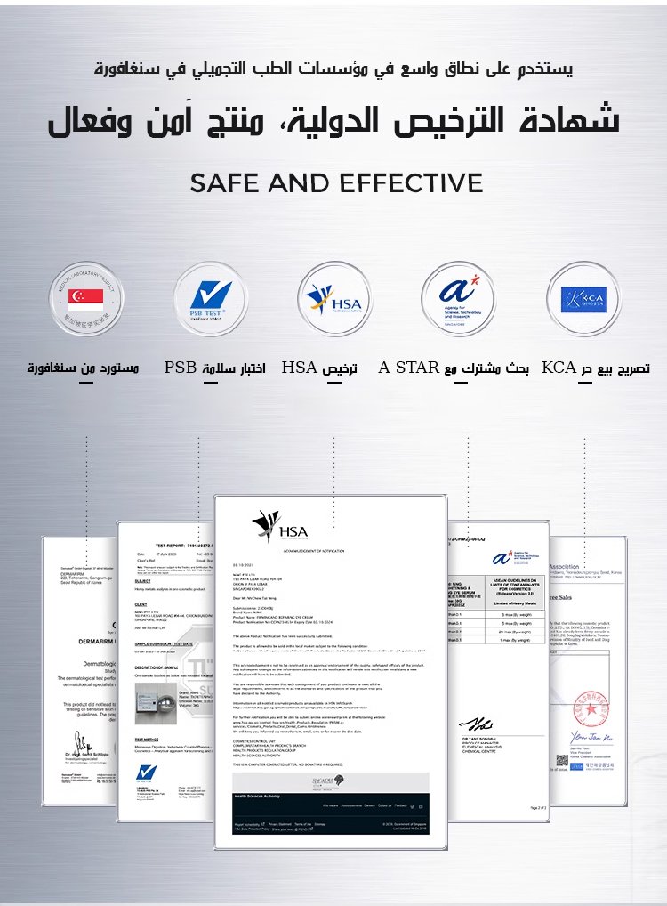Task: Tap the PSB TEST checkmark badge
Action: click(x=210, y=300)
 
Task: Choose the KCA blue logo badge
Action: click(x=584, y=300)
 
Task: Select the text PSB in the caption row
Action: click(x=181, y=368)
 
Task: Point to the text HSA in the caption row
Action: click(x=300, y=368)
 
